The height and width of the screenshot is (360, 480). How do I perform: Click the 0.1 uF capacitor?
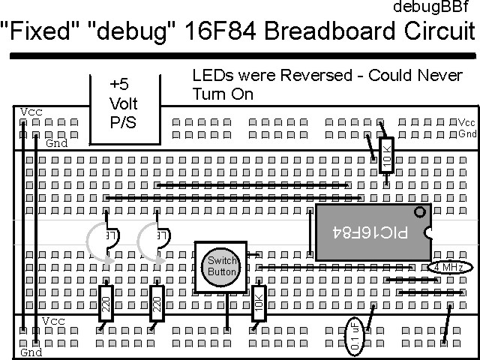(354, 334)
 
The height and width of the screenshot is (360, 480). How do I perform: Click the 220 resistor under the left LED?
(106, 303)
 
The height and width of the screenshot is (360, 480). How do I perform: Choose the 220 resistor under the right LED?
(157, 303)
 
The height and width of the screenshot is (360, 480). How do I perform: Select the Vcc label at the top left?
(31, 111)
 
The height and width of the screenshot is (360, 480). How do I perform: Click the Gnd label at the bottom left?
(31, 352)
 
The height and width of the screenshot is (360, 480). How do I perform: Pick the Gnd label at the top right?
(467, 133)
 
